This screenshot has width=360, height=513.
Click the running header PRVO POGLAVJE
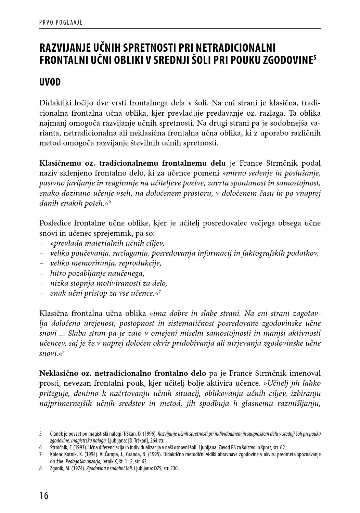point(61,23)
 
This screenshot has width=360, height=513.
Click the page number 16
point(44,495)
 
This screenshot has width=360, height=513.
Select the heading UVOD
point(50,82)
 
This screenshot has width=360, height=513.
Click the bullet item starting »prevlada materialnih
point(107,243)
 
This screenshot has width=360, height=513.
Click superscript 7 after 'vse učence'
point(159,292)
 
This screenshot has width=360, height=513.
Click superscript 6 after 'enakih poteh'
point(110,202)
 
